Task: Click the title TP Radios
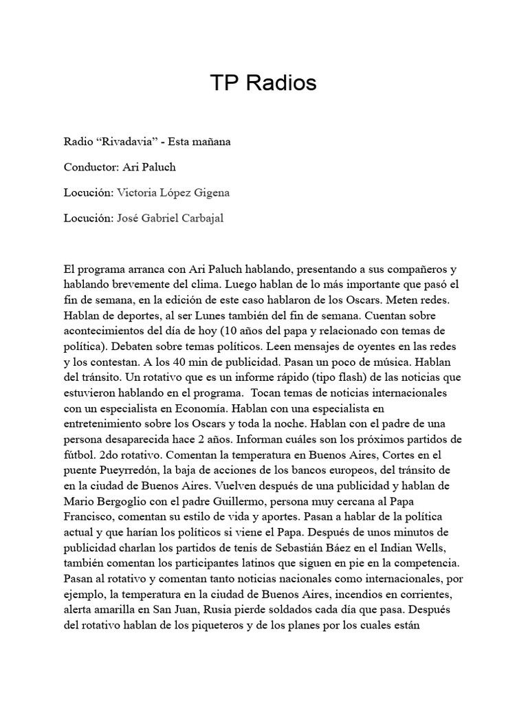(x=263, y=83)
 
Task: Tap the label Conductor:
(x=91, y=167)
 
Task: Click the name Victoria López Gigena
(x=173, y=192)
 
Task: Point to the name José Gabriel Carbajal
(x=170, y=218)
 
